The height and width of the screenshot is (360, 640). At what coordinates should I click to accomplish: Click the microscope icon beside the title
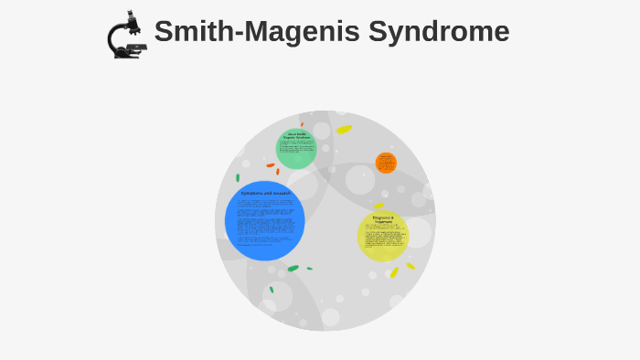click(x=127, y=36)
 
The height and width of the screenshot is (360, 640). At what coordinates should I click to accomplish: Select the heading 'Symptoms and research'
click(x=265, y=194)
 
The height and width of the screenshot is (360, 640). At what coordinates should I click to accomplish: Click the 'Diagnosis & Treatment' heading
click(x=383, y=219)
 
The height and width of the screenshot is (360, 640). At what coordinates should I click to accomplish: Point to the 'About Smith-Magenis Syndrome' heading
click(x=296, y=136)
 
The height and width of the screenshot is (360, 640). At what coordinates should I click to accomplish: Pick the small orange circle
click(x=386, y=163)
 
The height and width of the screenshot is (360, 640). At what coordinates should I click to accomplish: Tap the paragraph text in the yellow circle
click(x=383, y=239)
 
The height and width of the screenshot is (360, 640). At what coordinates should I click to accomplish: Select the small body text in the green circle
click(x=296, y=151)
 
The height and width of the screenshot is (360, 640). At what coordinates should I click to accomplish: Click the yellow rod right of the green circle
click(x=344, y=130)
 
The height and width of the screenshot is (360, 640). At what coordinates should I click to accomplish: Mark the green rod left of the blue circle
click(x=238, y=177)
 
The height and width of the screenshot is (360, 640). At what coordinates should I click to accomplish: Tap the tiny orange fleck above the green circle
click(x=302, y=124)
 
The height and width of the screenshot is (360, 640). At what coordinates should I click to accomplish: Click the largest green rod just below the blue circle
click(x=293, y=269)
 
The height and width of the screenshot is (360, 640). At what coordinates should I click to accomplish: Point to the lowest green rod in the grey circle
click(x=272, y=290)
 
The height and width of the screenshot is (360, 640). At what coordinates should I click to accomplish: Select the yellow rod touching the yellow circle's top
click(x=379, y=206)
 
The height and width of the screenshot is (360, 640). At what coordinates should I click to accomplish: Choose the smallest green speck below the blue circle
click(x=309, y=269)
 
